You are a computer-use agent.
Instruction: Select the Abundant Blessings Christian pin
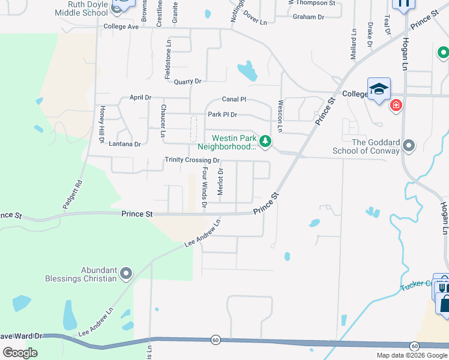125,274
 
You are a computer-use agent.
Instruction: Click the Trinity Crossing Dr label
192,160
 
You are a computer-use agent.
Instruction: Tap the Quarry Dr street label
187,81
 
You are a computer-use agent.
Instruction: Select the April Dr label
140,97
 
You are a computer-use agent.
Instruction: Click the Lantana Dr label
125,144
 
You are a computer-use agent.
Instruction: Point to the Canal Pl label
234,99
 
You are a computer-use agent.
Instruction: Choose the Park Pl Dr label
222,114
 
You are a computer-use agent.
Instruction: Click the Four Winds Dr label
205,187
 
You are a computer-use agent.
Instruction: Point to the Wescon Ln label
280,112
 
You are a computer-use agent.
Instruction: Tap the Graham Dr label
308,17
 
